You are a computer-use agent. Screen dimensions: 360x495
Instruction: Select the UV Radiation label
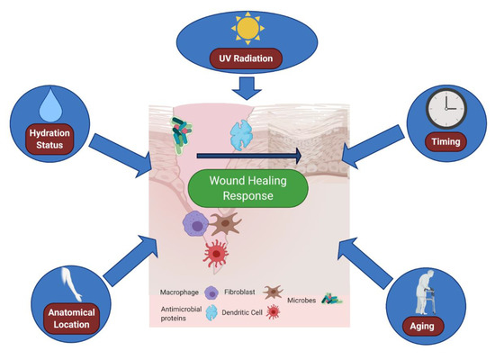tap(246, 60)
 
